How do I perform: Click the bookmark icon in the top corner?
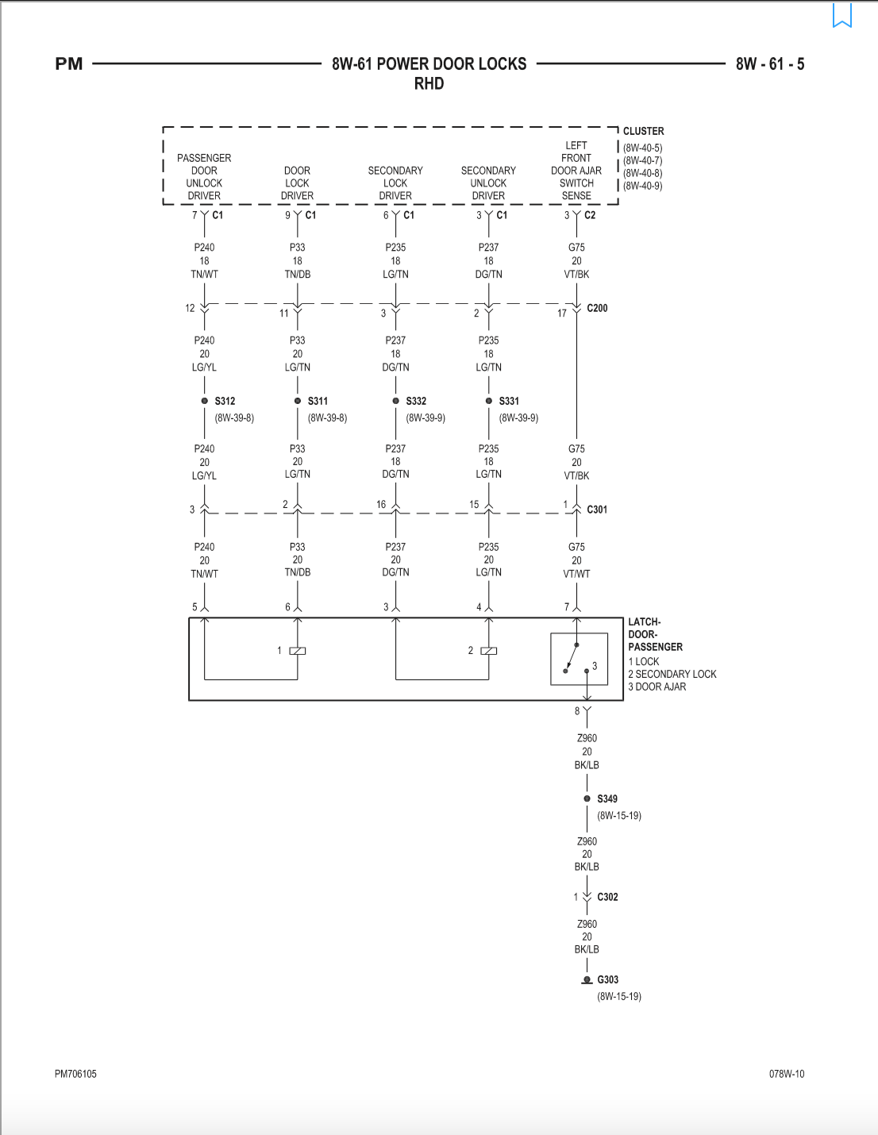coord(842,15)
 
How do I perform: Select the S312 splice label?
coord(225,401)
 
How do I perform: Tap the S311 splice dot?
coord(298,401)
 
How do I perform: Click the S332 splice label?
coord(416,401)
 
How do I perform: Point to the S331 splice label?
coord(509,401)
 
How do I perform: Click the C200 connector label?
coord(597,308)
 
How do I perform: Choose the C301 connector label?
coord(597,510)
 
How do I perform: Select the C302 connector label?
coord(607,897)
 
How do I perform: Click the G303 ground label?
coord(607,979)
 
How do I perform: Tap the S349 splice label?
coord(607,798)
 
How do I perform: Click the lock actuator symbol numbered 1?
coord(298,651)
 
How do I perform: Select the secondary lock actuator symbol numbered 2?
coord(489,651)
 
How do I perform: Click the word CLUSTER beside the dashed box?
coord(644,131)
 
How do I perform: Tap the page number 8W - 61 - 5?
coord(770,64)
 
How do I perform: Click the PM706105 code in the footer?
coord(75,1074)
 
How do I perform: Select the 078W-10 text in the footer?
coord(787,1074)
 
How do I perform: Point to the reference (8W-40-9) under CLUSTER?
coord(642,186)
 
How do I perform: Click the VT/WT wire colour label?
coord(576,574)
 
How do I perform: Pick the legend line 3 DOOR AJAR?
coord(657,687)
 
